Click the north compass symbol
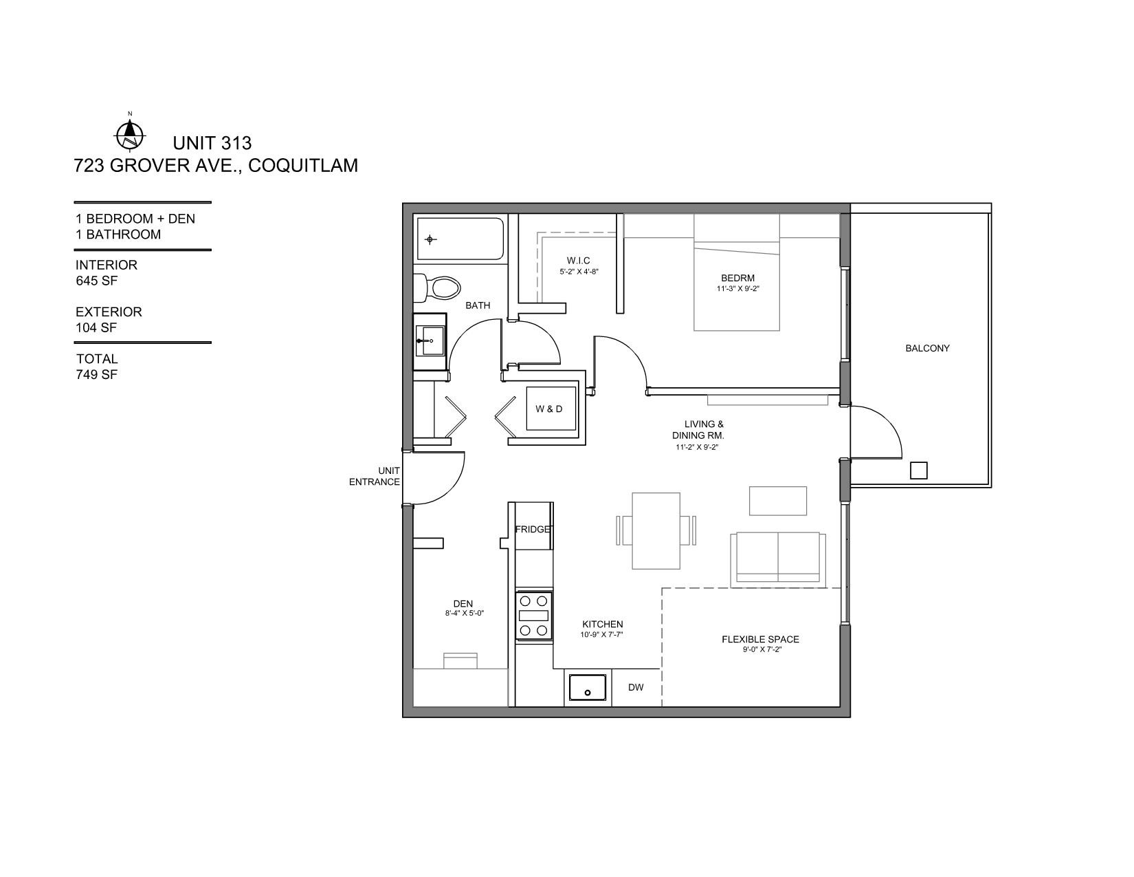click(129, 134)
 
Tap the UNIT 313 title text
click(212, 143)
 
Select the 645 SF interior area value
click(96, 281)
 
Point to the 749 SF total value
click(96, 374)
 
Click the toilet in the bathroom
click(437, 288)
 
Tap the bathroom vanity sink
click(430, 341)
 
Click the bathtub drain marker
click(430, 240)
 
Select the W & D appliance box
click(551, 409)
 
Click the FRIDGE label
click(533, 529)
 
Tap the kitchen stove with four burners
click(534, 616)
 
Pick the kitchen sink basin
click(587, 687)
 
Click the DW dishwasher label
click(636, 687)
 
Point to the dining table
click(656, 531)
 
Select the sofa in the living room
click(777, 559)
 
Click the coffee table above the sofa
click(777, 501)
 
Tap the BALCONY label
click(927, 349)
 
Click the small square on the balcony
click(918, 470)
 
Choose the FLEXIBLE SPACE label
click(760, 639)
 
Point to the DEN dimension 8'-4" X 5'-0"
click(465, 614)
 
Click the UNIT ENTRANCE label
click(375, 477)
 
